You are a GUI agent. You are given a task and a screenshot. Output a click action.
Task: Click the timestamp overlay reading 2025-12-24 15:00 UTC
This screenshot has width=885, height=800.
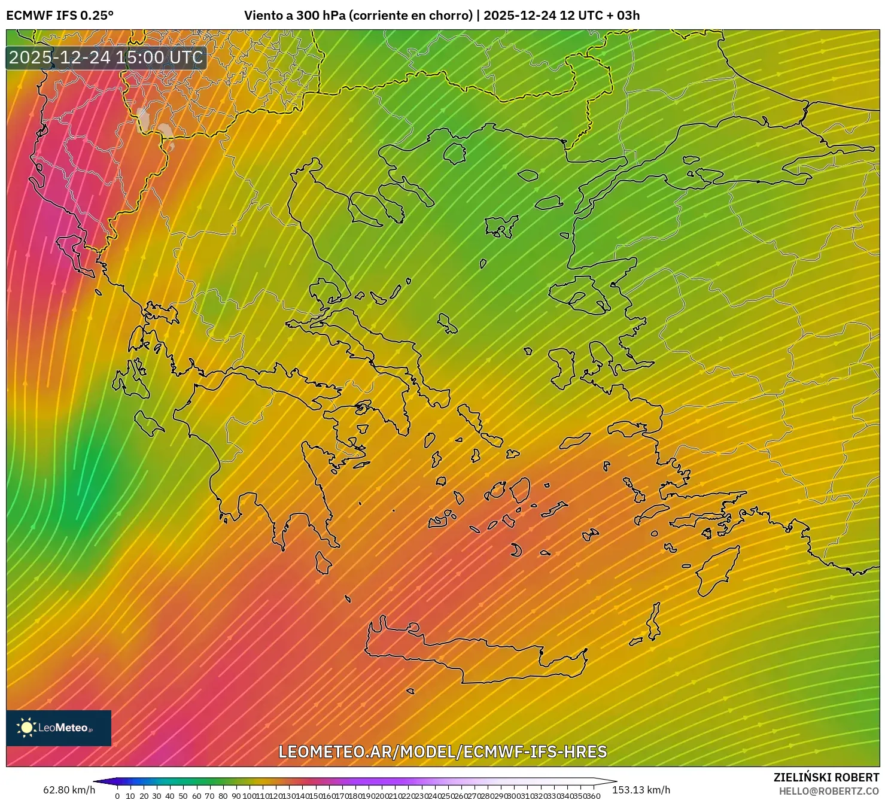[107, 57]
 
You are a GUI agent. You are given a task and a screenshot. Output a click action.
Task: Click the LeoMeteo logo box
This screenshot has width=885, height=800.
[59, 728]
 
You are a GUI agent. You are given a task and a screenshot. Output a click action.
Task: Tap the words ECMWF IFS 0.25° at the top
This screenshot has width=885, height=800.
[60, 16]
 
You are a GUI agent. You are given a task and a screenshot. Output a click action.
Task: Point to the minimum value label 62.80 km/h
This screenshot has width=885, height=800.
[69, 790]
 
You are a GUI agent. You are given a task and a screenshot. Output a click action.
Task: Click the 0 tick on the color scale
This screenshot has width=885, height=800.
[117, 796]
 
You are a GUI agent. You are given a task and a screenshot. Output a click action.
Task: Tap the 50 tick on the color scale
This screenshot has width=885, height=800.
[183, 796]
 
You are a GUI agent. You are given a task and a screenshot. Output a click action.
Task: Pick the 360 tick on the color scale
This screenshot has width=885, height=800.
[593, 796]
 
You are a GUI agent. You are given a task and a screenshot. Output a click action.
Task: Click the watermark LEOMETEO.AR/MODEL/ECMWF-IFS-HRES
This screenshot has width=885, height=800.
[443, 752]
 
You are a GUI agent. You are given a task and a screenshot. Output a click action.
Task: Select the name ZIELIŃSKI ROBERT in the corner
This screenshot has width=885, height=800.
[826, 778]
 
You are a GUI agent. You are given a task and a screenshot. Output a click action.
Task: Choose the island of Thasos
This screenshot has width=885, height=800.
[455, 153]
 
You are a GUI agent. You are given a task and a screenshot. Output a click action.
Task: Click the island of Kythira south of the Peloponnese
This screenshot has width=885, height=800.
[323, 562]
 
